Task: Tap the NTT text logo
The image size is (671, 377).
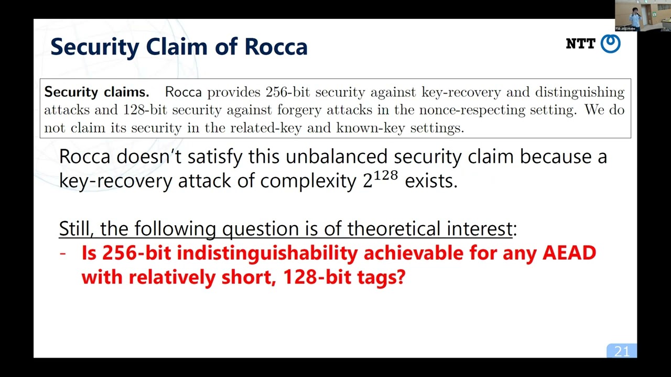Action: (x=580, y=44)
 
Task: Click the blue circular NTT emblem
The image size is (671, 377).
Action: (x=610, y=43)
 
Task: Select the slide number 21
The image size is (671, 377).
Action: (x=622, y=351)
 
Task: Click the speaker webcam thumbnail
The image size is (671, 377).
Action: (x=635, y=16)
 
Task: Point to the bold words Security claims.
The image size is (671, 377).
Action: (x=96, y=92)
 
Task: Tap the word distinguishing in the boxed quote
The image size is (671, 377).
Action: (x=579, y=92)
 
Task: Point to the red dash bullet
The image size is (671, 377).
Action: (x=63, y=253)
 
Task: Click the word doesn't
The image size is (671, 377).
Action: (x=148, y=157)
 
